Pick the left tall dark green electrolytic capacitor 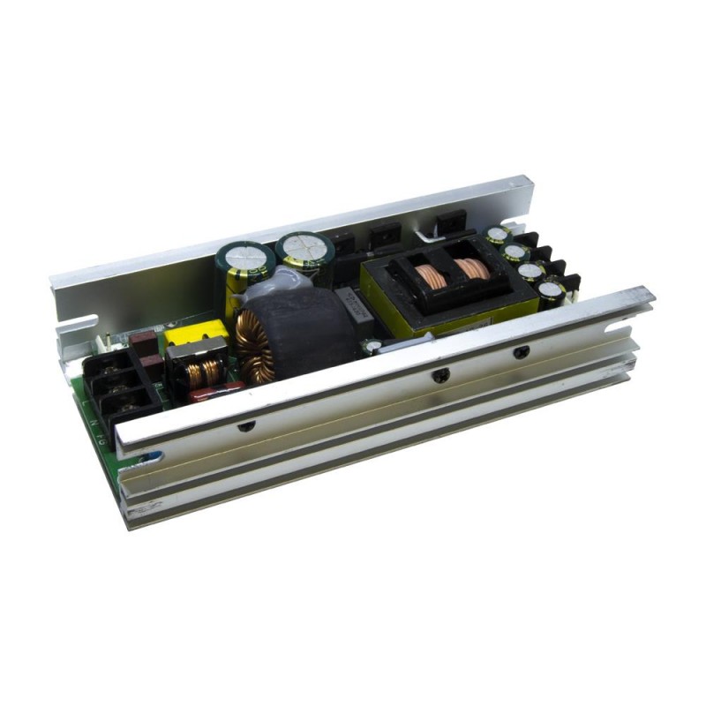click(244, 265)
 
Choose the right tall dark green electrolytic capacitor click(303, 252)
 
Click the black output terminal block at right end click(547, 260)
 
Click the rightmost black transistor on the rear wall click(451, 225)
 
